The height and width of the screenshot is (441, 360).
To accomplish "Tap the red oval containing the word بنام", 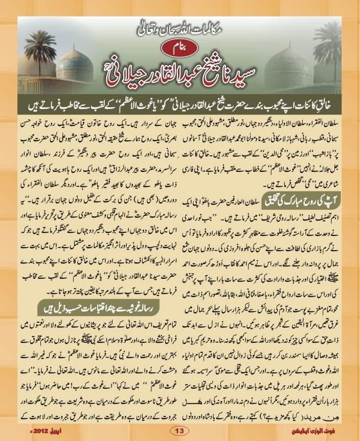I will (181, 50).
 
